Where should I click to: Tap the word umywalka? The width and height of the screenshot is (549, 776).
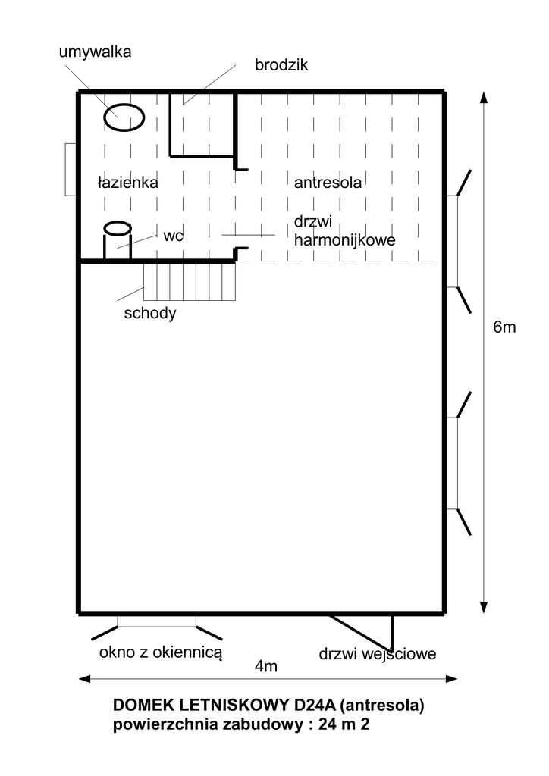95,52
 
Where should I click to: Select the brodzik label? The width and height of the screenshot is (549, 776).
281,65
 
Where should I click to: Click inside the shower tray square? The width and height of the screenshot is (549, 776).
202,124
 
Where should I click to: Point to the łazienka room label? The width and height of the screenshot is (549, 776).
127,183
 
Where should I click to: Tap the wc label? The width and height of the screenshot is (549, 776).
173,236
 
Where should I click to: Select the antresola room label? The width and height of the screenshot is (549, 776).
328,183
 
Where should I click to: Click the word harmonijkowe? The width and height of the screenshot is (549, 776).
344,240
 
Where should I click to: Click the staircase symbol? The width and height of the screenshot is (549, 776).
190,281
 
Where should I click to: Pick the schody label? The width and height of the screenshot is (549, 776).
150,314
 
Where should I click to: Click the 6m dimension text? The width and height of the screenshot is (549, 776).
504,327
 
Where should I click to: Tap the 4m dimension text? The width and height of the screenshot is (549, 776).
266,667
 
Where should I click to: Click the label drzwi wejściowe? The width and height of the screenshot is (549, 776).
377,654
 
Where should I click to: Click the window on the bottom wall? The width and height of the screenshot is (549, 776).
156,621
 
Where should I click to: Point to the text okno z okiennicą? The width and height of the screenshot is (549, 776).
161,652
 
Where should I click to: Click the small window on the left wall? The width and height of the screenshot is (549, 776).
71,169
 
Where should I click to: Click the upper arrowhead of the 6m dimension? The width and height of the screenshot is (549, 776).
484,97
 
